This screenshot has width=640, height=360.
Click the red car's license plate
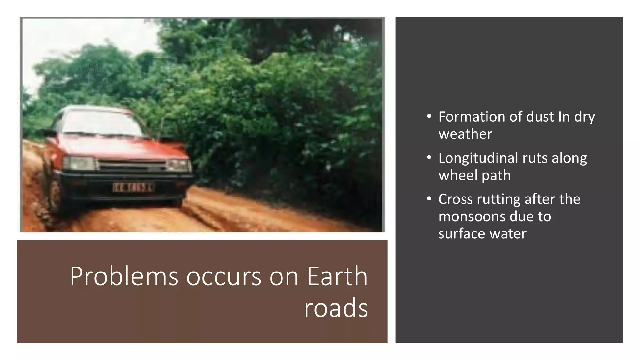(x=133, y=187)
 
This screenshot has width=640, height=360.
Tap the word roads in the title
(x=336, y=308)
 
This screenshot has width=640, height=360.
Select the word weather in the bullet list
(x=465, y=134)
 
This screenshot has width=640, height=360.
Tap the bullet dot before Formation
(x=429, y=117)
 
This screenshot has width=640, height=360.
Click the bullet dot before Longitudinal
(x=429, y=157)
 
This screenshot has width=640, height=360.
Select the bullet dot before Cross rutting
(x=429, y=199)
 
